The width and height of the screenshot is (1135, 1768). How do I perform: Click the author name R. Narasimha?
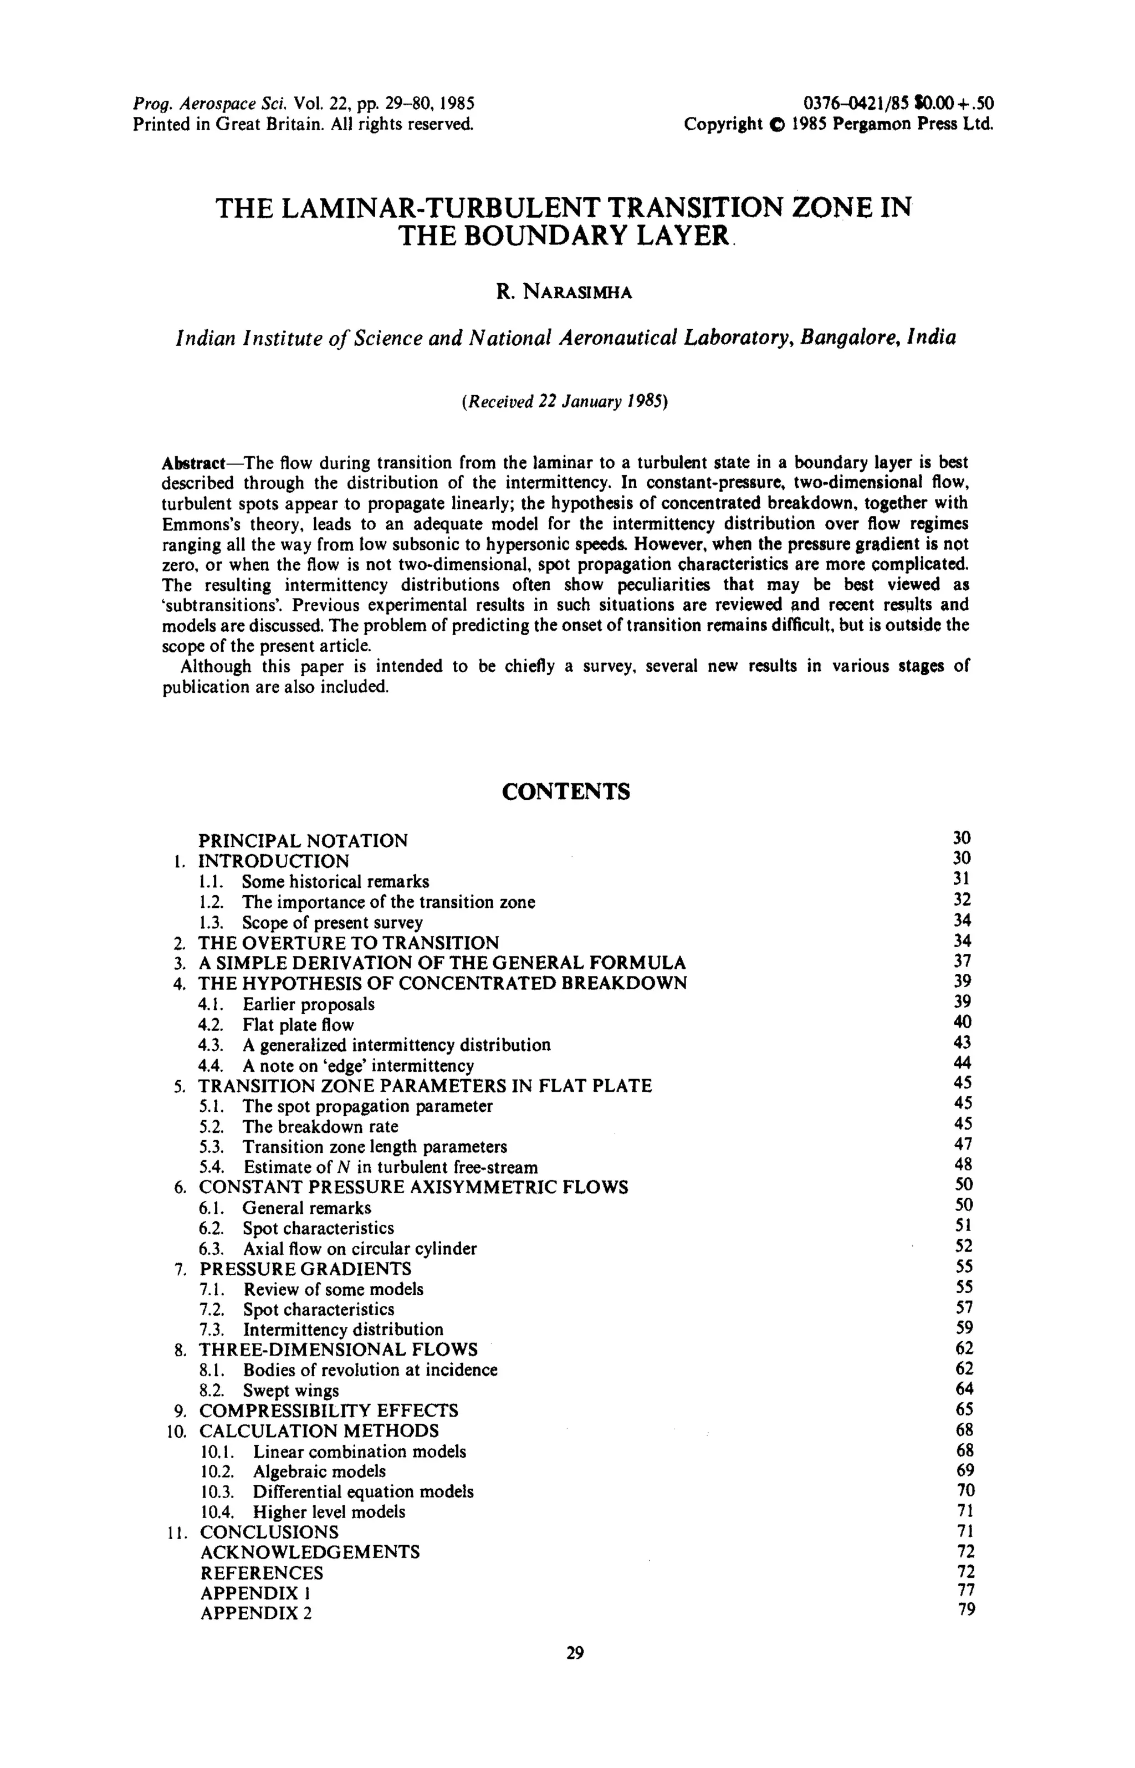[x=565, y=293]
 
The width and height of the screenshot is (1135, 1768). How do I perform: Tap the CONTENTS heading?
[x=566, y=791]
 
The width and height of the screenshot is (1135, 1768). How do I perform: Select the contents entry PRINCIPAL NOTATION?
[x=303, y=841]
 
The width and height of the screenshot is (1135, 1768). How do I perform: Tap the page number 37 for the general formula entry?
[x=963, y=961]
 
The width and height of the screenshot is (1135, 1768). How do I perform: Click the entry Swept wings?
[x=291, y=1391]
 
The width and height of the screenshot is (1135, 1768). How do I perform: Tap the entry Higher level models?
[x=329, y=1511]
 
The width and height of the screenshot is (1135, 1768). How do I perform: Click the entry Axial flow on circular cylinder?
[x=360, y=1249]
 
